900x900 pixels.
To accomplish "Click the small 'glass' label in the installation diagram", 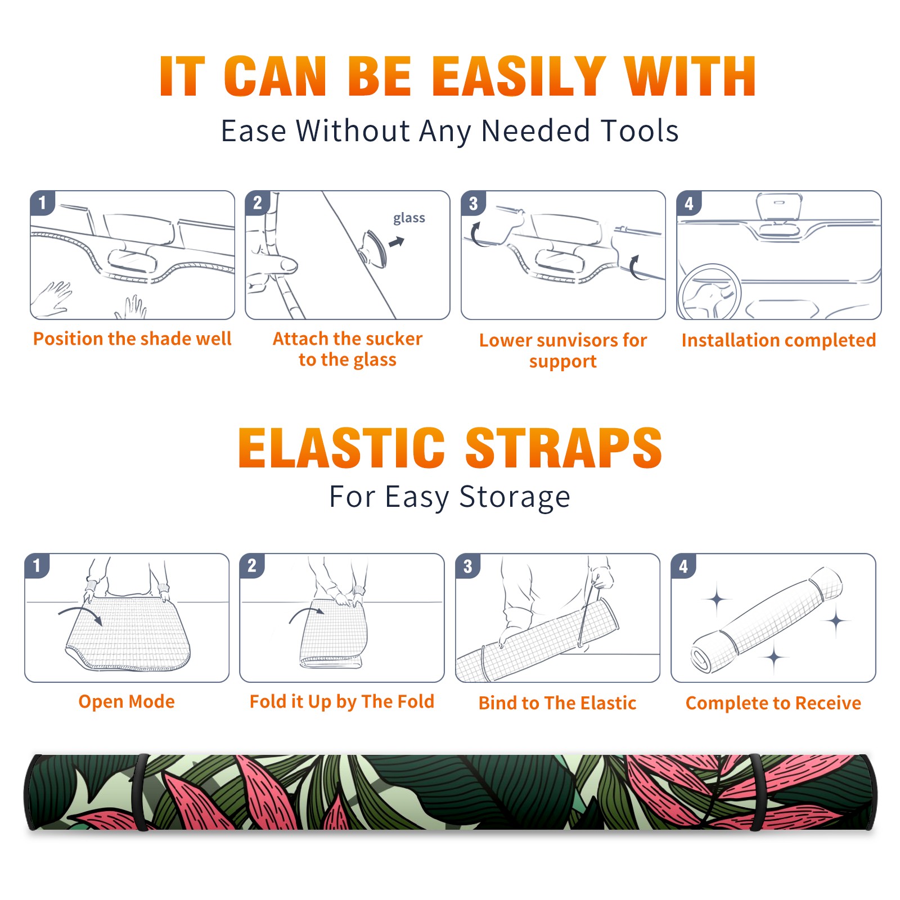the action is pyautogui.click(x=409, y=218).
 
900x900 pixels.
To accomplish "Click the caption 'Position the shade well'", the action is pyautogui.click(x=132, y=339).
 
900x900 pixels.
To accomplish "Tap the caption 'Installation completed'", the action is pyautogui.click(x=778, y=340).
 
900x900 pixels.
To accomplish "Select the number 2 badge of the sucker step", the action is pyautogui.click(x=258, y=202).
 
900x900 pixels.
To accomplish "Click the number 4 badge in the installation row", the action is pyautogui.click(x=689, y=202).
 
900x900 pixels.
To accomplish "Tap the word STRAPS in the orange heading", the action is pyautogui.click(x=564, y=448).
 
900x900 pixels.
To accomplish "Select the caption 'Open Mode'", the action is pyautogui.click(x=127, y=701).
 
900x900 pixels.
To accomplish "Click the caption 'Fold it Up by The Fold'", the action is pyautogui.click(x=342, y=701).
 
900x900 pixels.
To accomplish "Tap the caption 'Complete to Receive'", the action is pyautogui.click(x=773, y=703).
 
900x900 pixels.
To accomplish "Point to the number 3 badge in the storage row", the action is pyautogui.click(x=468, y=566).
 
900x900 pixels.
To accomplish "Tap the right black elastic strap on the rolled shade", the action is pyautogui.click(x=757, y=792).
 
